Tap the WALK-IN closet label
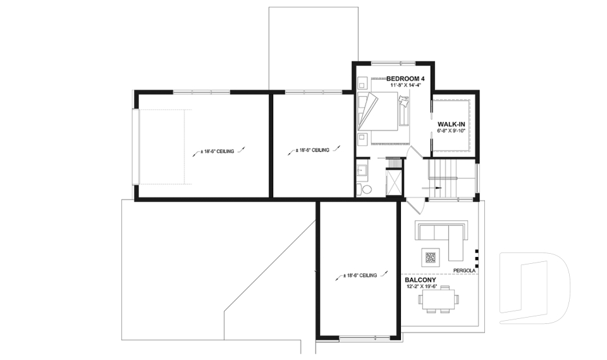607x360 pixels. click(x=450, y=124)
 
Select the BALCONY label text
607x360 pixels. click(x=419, y=279)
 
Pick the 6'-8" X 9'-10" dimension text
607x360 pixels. click(x=450, y=131)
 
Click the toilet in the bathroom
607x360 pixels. click(x=367, y=189)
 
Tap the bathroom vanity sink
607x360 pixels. click(x=362, y=170)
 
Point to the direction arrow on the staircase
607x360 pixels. click(x=436, y=188)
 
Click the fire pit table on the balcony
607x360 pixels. click(x=431, y=258)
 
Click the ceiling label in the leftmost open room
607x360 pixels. click(x=217, y=152)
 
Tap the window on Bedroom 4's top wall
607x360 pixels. click(x=393, y=63)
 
